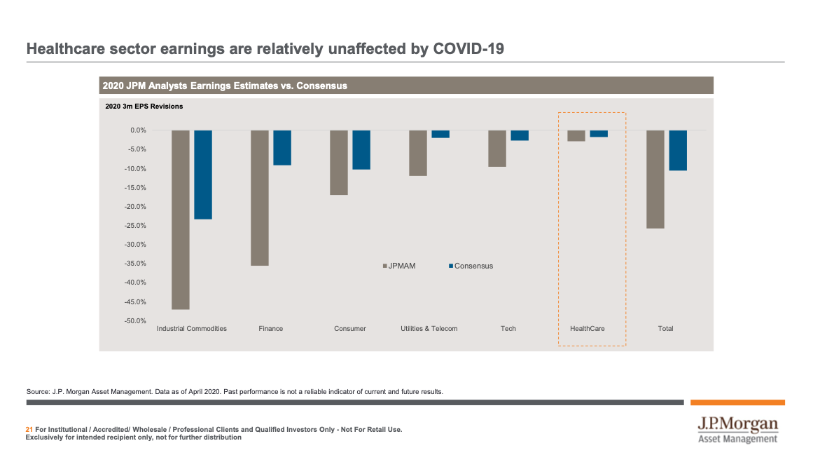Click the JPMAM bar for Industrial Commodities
coord(180,219)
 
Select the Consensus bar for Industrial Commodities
coord(203,175)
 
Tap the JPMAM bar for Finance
coord(259,198)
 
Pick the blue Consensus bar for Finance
coord(282,147)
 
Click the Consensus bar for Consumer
coord(361,149)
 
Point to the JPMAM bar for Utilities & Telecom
coord(418,153)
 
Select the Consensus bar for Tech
coord(520,135)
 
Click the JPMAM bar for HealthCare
coord(576,136)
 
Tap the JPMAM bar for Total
coord(655,179)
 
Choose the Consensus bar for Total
coord(678,150)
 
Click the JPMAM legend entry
coord(398,266)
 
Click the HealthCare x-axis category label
coord(588,329)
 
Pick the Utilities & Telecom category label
coord(429,329)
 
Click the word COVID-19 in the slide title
coord(468,49)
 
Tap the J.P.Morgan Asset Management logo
coord(737,430)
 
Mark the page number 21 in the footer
coord(29,429)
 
